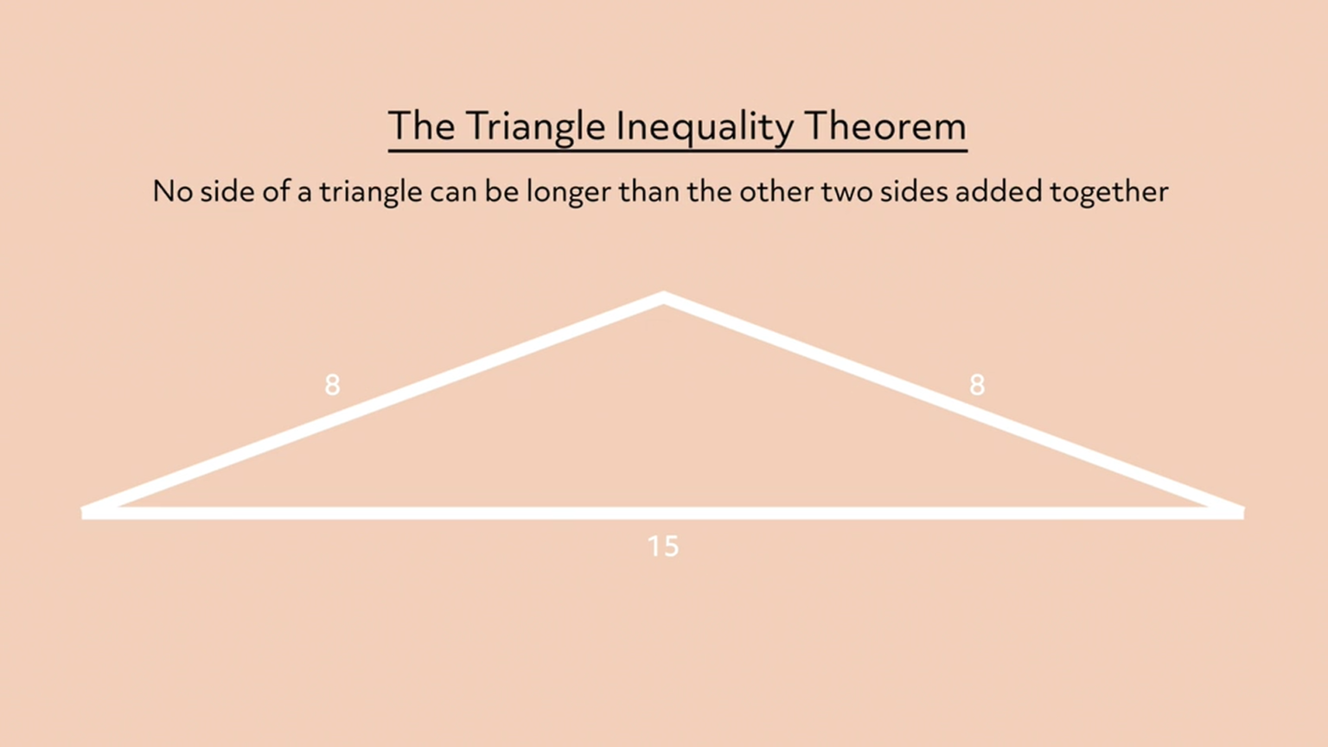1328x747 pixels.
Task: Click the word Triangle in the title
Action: point(535,127)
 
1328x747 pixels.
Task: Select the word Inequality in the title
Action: point(704,127)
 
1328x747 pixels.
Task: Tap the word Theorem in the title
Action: point(884,126)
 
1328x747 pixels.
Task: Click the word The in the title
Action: point(421,126)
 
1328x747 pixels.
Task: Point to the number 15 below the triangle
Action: point(663,546)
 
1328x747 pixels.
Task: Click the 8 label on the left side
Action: point(332,385)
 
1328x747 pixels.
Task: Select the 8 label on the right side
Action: point(977,385)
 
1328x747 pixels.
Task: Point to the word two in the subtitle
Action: point(846,191)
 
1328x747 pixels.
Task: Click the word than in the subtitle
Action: point(648,191)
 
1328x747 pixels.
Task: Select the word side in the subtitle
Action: point(227,191)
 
